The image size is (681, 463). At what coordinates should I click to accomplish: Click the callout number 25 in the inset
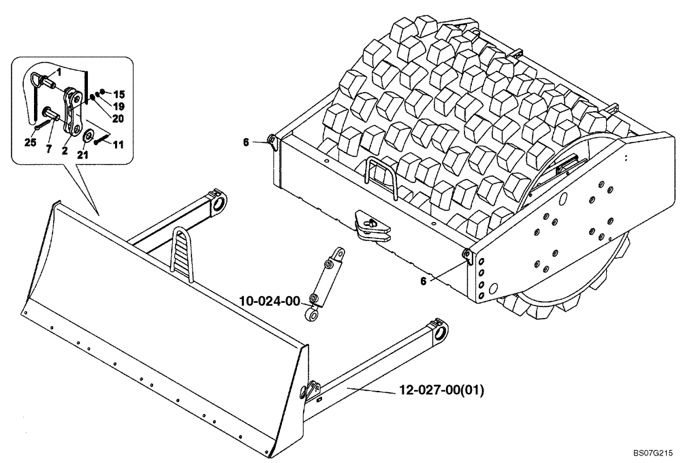29,142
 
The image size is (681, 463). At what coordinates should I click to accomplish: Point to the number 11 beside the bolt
118,145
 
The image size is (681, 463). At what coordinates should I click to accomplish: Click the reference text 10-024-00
270,300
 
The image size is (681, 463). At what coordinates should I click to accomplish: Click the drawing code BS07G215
652,451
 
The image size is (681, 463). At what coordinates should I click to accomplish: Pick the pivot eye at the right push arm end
439,332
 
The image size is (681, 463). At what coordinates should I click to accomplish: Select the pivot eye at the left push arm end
219,203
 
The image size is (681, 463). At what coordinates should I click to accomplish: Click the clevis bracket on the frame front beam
371,227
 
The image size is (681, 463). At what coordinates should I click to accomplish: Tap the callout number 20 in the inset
118,118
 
